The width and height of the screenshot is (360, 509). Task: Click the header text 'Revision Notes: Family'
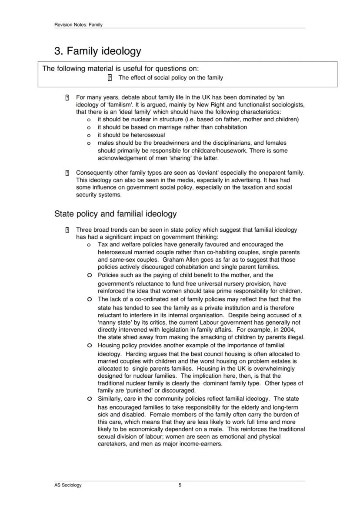tap(78, 25)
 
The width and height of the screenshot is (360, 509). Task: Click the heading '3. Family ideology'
tap(97, 51)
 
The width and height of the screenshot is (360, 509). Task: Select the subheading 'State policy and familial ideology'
tap(115, 214)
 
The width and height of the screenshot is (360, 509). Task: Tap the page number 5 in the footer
tap(180, 485)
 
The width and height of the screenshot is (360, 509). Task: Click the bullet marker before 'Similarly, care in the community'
tap(89, 399)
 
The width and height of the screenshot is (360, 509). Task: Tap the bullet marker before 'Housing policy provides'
tap(89, 346)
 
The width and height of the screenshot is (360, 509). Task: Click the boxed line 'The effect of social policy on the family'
tap(170, 78)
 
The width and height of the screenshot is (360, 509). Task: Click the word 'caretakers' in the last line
tap(113, 444)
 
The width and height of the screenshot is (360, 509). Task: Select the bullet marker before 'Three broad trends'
tap(67, 230)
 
